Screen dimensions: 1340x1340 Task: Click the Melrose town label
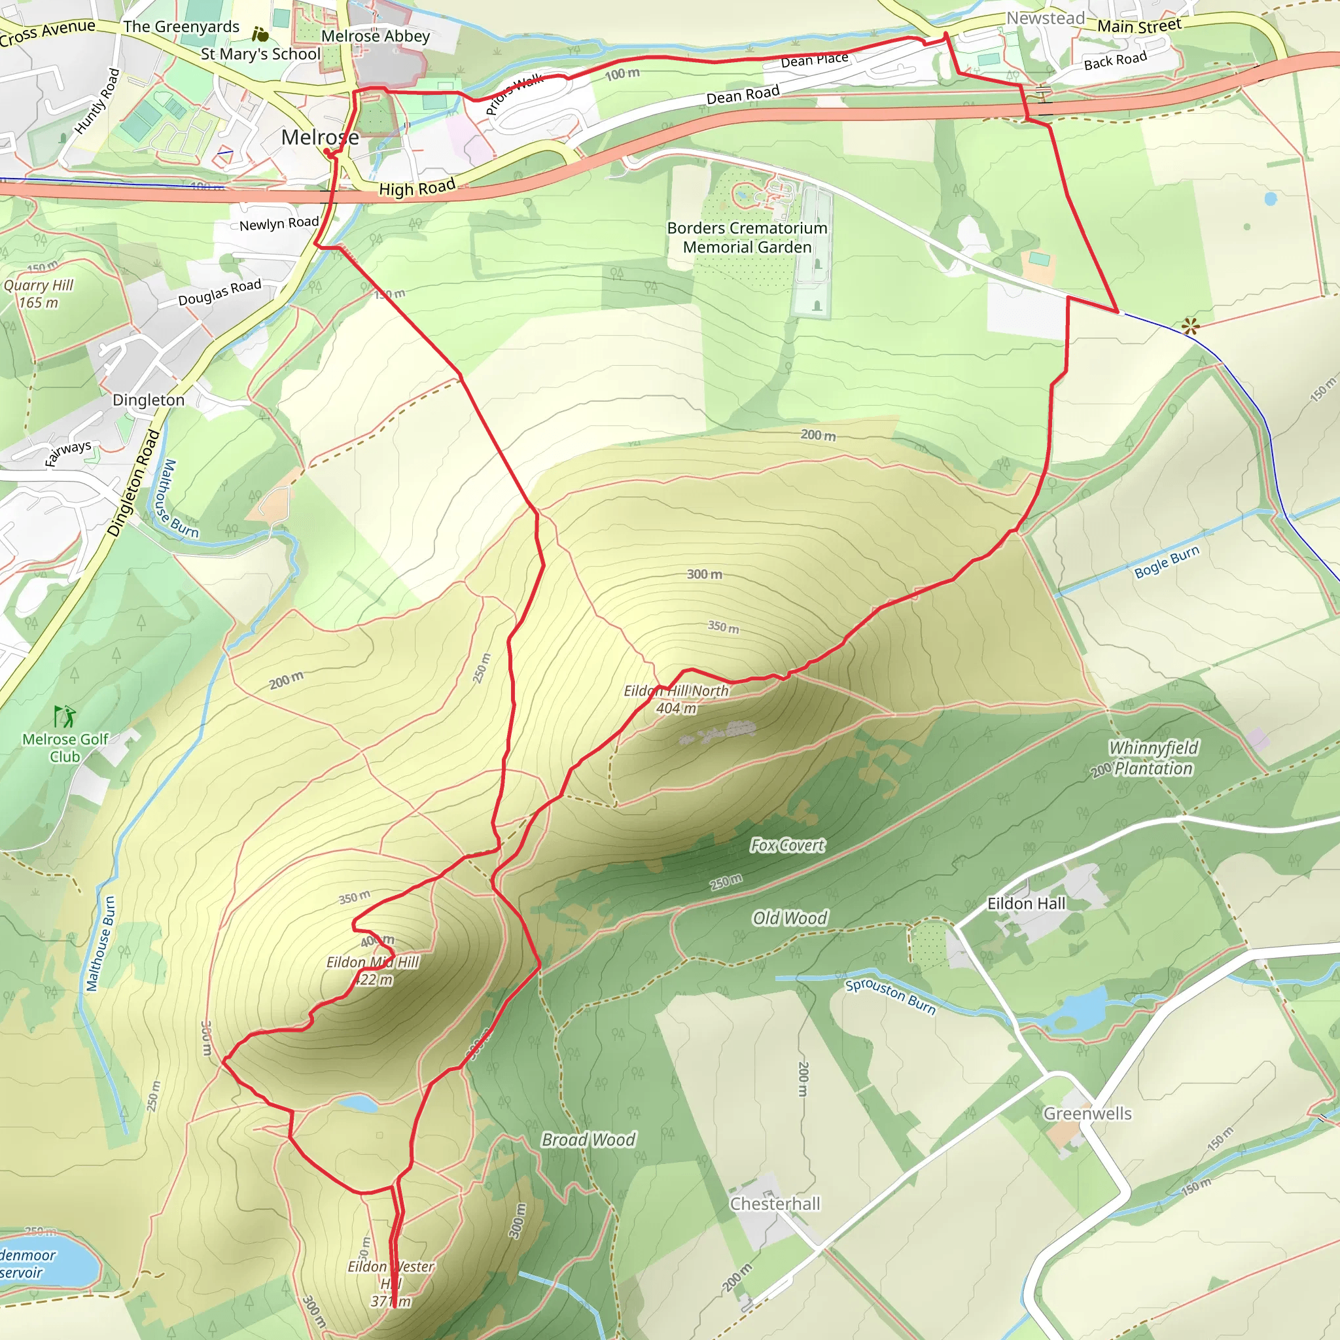[x=320, y=137]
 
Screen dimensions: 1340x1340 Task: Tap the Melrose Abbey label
[x=375, y=36]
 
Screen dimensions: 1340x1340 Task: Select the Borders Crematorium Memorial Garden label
[x=747, y=238]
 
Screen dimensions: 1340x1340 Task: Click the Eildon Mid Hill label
[x=373, y=970]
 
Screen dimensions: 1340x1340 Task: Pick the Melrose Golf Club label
[x=65, y=748]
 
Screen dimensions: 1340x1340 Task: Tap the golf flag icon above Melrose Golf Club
[x=65, y=715]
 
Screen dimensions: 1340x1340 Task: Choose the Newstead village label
[x=1045, y=18]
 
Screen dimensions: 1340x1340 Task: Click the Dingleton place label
[x=149, y=400]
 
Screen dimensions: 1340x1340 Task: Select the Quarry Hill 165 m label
[x=38, y=293]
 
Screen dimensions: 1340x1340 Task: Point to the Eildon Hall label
[x=1026, y=903]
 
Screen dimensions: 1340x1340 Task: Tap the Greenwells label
[x=1087, y=1113]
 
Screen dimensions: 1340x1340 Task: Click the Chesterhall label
[x=775, y=1203]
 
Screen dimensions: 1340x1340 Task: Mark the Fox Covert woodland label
[x=787, y=845]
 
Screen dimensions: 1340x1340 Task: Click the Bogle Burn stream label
[x=1167, y=562]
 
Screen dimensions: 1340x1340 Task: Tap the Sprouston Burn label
[x=890, y=996]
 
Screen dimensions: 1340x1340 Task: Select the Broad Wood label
[x=588, y=1140]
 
